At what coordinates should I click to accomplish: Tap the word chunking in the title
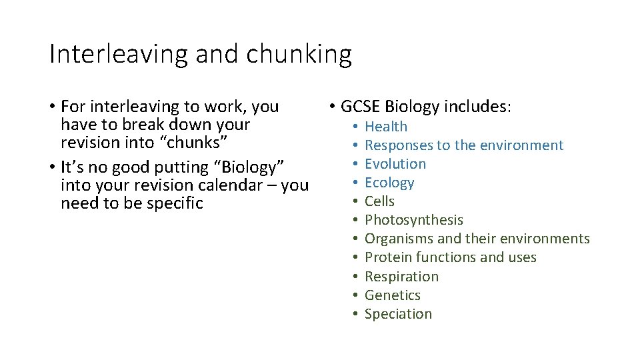(x=299, y=55)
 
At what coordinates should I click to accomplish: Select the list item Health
(x=386, y=127)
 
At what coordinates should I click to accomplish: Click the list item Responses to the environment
(x=464, y=145)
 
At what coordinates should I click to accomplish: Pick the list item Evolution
(x=395, y=164)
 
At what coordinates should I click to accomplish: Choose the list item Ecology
(x=389, y=183)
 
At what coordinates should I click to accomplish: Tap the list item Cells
(x=379, y=201)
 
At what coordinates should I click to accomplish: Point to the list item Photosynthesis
(x=414, y=220)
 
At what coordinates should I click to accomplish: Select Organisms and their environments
(x=477, y=239)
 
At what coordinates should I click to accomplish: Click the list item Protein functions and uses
(x=451, y=257)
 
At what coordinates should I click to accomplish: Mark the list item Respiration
(x=402, y=276)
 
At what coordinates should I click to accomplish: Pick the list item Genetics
(x=393, y=295)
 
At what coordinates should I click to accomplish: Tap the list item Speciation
(x=398, y=313)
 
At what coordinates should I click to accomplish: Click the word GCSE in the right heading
(x=360, y=107)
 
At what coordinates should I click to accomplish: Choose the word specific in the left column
(x=175, y=203)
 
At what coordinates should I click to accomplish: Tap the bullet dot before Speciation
(x=357, y=314)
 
